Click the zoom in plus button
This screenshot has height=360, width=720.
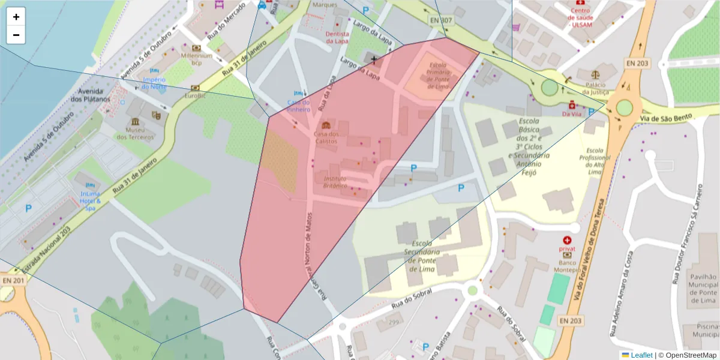pyautogui.click(x=16, y=17)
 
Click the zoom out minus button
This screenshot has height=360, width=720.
pyautogui.click(x=16, y=35)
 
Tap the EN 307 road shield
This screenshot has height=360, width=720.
pyautogui.click(x=441, y=20)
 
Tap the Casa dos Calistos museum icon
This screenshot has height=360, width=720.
pyautogui.click(x=326, y=125)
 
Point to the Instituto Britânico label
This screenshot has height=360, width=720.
pyautogui.click(x=335, y=182)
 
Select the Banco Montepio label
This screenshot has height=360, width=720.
pyautogui.click(x=567, y=266)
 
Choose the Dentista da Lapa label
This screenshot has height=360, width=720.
pyautogui.click(x=337, y=38)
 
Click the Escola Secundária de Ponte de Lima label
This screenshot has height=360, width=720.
pyautogui.click(x=423, y=256)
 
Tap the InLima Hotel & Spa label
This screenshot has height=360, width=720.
pyautogui.click(x=90, y=200)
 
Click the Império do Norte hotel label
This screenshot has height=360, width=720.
pyautogui.click(x=154, y=83)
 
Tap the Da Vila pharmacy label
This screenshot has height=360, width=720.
pyautogui.click(x=571, y=113)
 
